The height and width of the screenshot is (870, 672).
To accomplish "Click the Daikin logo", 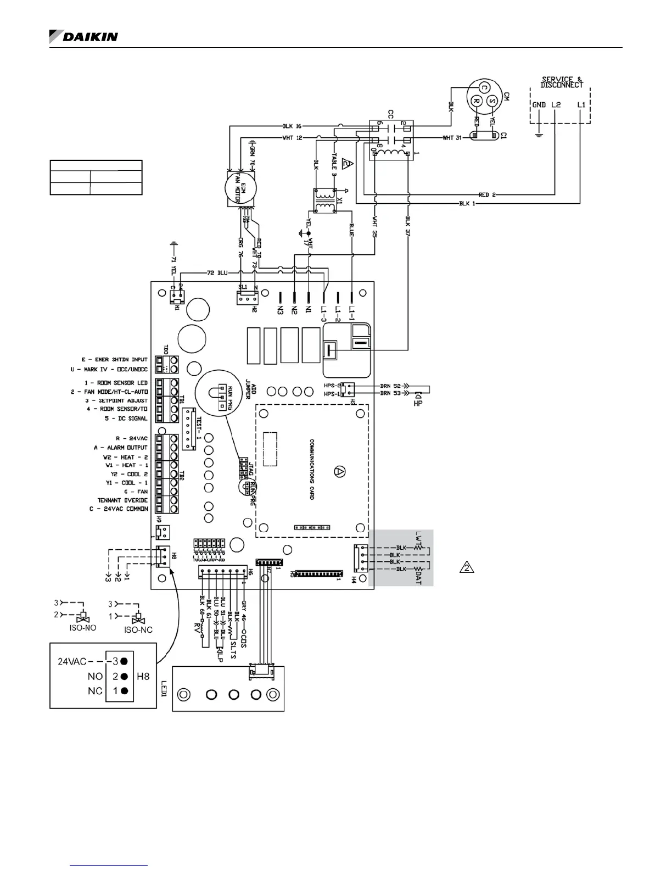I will [83, 36].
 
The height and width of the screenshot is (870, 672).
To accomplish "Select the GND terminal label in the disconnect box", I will [539, 104].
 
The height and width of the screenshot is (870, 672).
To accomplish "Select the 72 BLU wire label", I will [218, 272].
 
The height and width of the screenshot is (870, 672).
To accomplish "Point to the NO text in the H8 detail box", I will [95, 676].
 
